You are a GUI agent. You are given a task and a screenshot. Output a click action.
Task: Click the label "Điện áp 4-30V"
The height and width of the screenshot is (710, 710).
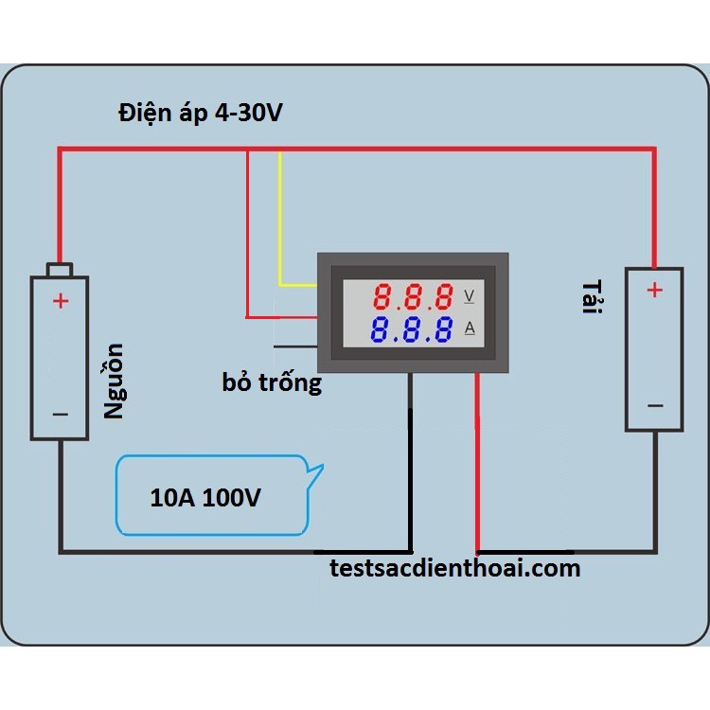pyautogui.click(x=201, y=114)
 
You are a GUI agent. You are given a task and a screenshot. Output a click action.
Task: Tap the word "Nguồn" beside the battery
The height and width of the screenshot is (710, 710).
pyautogui.click(x=114, y=381)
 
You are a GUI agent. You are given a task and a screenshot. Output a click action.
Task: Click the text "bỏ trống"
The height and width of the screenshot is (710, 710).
pyautogui.click(x=272, y=383)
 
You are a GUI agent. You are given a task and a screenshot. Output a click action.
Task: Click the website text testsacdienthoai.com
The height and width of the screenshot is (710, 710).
pyautogui.click(x=455, y=568)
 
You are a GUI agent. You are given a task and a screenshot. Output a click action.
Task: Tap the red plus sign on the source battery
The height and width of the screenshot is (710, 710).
pyautogui.click(x=60, y=301)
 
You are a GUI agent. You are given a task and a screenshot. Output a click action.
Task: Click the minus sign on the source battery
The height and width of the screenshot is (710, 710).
pyautogui.click(x=60, y=414)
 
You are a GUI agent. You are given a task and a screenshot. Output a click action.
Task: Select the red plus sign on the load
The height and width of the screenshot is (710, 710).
pyautogui.click(x=654, y=290)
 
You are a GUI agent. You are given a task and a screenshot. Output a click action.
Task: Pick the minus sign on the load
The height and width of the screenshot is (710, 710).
pyautogui.click(x=654, y=405)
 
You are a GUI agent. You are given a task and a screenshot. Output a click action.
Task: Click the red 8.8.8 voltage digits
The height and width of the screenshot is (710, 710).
pyautogui.click(x=412, y=298)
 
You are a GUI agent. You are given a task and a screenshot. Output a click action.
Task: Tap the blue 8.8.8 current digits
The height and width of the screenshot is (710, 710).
pyautogui.click(x=412, y=331)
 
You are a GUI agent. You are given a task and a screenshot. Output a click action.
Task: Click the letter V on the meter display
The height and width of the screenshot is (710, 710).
pyautogui.click(x=470, y=297)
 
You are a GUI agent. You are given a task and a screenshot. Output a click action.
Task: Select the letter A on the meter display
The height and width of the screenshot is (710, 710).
pyautogui.click(x=470, y=329)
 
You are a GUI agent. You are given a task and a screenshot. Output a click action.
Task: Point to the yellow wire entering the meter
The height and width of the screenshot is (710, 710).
pyautogui.click(x=281, y=227)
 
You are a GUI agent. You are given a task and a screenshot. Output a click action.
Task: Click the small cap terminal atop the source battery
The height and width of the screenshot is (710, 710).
pyautogui.click(x=60, y=270)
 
